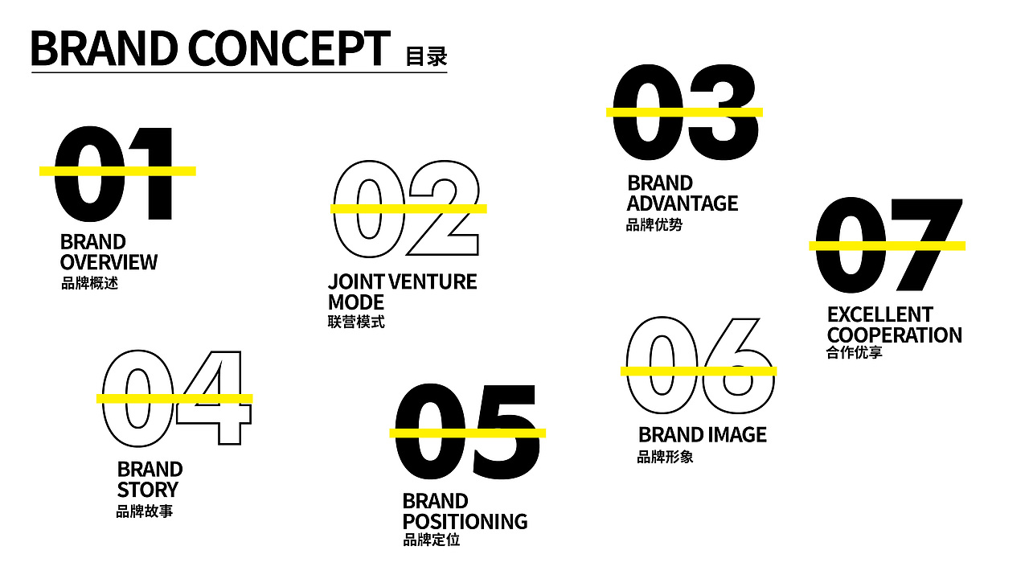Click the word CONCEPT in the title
click(x=289, y=48)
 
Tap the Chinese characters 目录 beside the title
click(x=426, y=56)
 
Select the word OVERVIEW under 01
click(x=109, y=262)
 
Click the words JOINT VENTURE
click(x=403, y=281)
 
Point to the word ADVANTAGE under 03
click(x=683, y=203)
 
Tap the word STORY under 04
click(x=147, y=490)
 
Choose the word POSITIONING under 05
click(x=465, y=522)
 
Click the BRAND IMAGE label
click(x=703, y=435)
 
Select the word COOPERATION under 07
click(x=895, y=335)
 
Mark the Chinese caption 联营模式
click(x=356, y=322)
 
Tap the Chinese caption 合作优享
click(x=854, y=352)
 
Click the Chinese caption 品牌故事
click(x=144, y=511)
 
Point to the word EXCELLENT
click(x=879, y=314)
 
